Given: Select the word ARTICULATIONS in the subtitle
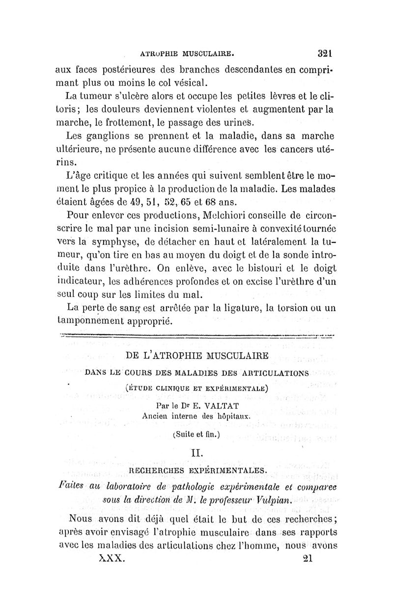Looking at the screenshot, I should (271, 373).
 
